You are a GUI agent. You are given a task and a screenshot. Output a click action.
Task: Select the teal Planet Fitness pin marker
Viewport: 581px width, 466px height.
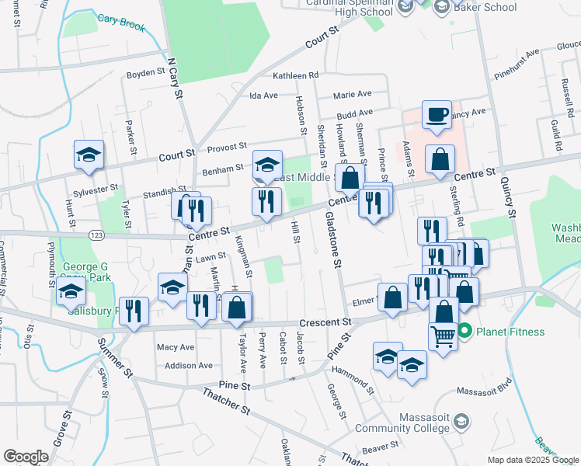[x=465, y=332]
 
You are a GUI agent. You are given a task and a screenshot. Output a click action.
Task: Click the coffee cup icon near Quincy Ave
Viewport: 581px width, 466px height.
[x=437, y=115]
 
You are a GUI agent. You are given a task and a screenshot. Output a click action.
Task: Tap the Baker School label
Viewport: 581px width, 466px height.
[x=485, y=7]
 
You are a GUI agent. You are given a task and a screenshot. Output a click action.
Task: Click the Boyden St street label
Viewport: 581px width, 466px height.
[x=146, y=75]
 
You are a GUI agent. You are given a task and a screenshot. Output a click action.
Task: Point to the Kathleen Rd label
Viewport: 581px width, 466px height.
[x=296, y=75]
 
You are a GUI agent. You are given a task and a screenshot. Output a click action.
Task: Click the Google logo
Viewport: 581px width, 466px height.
[x=26, y=456]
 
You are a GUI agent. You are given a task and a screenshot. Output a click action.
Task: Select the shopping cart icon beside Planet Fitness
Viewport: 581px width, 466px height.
[x=443, y=336]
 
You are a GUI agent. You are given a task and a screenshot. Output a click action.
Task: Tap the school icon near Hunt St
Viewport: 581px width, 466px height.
[x=89, y=155]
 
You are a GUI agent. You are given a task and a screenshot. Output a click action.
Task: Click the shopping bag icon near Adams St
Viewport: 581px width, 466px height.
[x=440, y=159]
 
